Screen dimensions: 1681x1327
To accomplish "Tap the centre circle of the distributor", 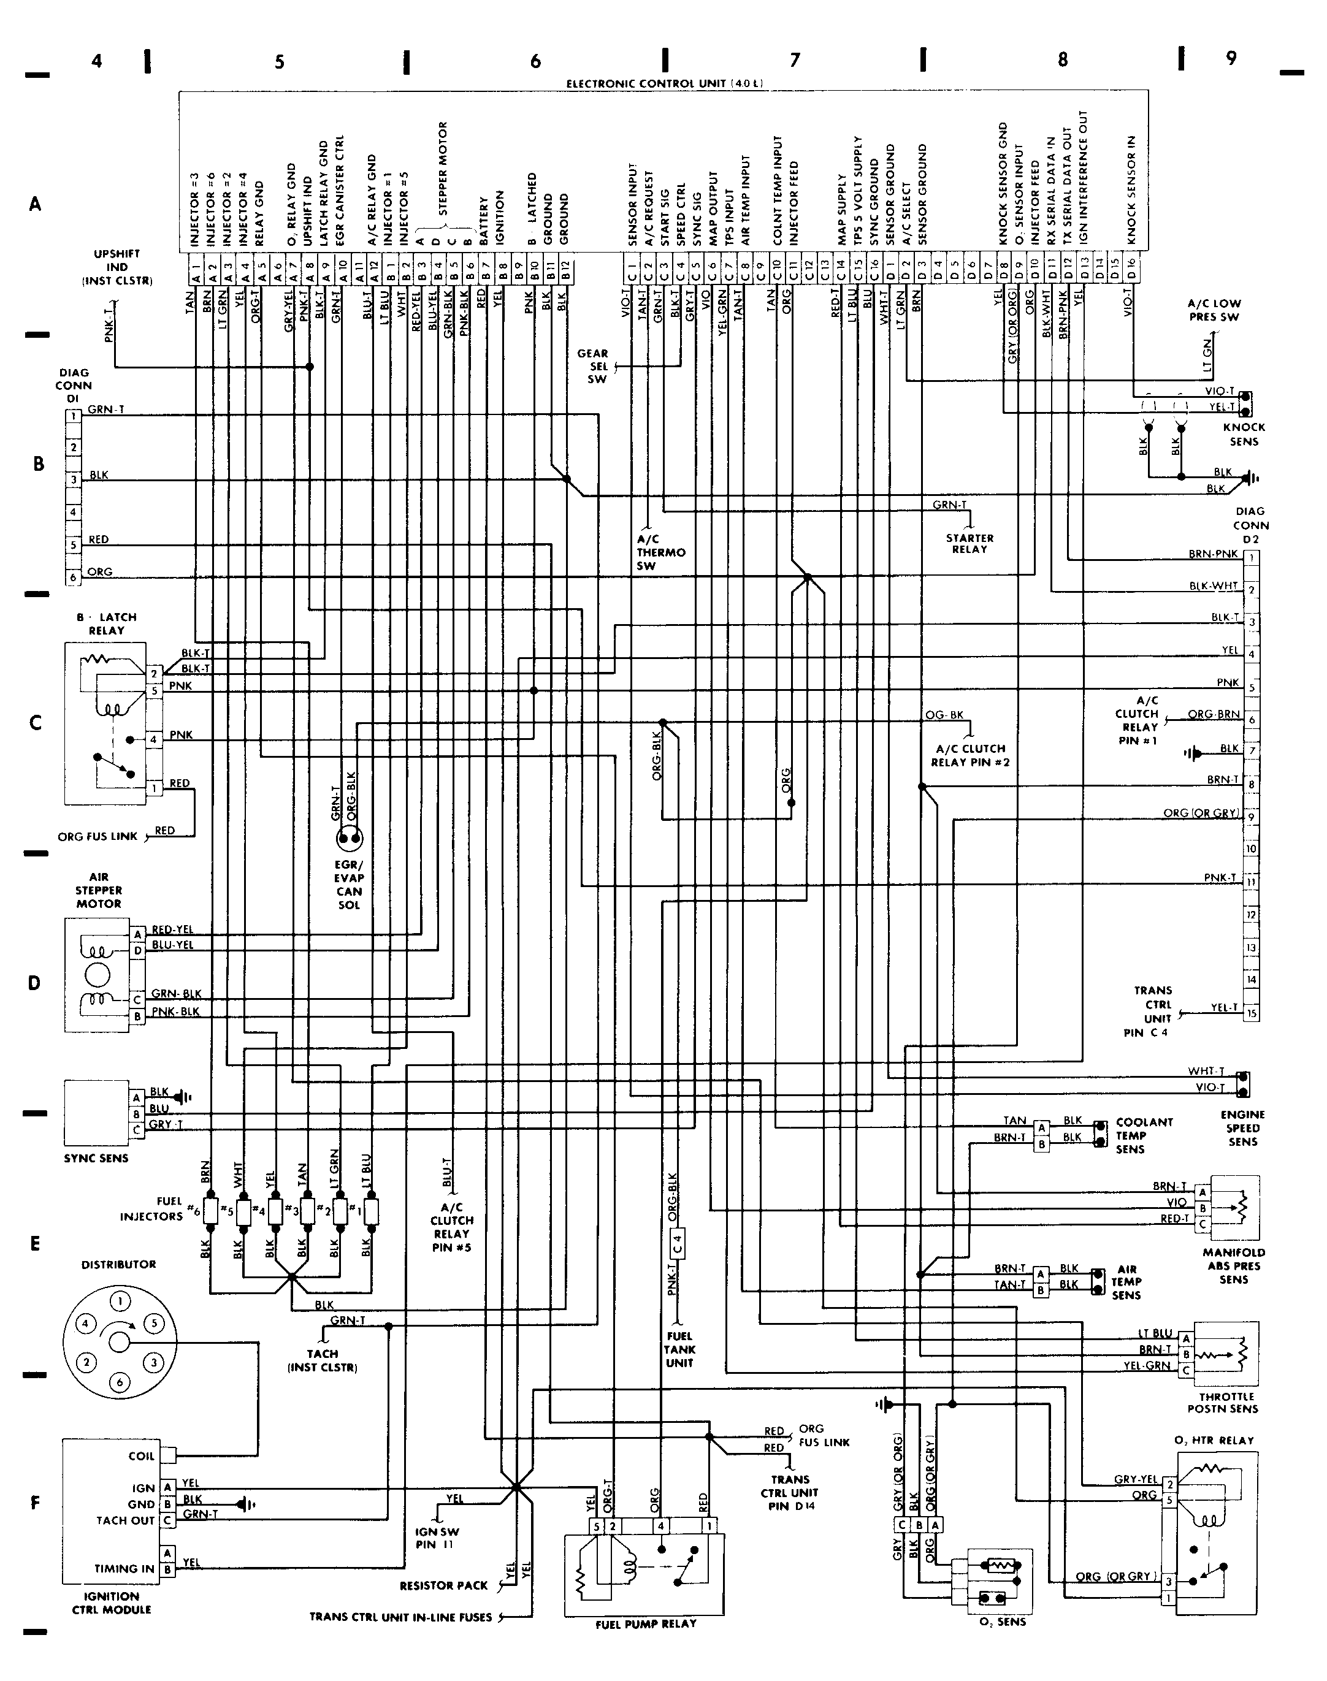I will [119, 1341].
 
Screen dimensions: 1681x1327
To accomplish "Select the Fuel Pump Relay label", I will [646, 1623].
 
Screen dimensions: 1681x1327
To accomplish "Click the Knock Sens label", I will [1244, 434].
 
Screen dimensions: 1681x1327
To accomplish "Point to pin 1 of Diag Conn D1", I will [74, 416].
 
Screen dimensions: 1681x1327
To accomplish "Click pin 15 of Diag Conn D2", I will [1251, 1013].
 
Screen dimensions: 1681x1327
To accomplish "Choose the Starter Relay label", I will [969, 544].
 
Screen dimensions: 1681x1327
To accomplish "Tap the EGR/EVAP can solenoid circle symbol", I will [349, 838].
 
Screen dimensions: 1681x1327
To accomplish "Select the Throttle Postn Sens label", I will [1222, 1402].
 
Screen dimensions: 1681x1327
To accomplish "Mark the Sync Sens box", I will [97, 1112].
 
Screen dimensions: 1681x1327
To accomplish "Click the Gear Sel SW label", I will [593, 366].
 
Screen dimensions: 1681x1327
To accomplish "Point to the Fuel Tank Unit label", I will [679, 1350].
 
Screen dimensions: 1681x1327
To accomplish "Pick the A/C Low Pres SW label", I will [1214, 310].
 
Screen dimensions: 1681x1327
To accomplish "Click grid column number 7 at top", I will [795, 60].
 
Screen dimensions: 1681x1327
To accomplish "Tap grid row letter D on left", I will [34, 983].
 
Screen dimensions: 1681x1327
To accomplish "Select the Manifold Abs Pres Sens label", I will [1233, 1265].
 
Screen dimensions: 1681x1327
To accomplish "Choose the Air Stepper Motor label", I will [99, 890].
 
